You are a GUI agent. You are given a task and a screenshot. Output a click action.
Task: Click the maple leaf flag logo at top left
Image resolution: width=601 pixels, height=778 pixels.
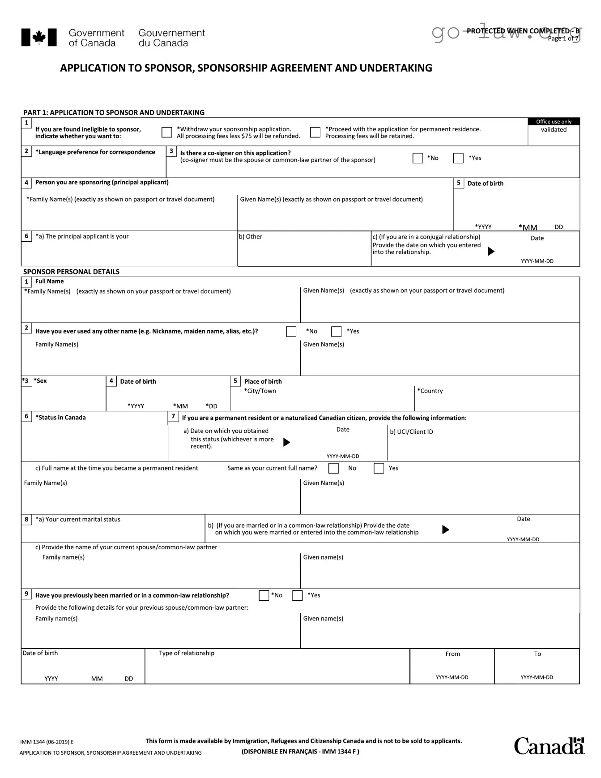[x=39, y=38]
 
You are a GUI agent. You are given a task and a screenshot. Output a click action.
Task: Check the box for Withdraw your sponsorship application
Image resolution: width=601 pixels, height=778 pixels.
[x=166, y=132]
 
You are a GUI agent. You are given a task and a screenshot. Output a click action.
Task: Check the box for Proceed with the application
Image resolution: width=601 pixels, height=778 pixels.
[x=315, y=132]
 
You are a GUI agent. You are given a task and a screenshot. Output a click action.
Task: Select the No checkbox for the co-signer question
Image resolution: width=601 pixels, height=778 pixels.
[x=418, y=158]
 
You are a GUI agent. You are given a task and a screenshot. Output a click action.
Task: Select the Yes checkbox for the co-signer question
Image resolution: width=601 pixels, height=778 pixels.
[x=458, y=158]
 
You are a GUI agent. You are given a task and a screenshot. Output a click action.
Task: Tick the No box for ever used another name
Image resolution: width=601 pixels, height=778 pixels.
[x=291, y=331]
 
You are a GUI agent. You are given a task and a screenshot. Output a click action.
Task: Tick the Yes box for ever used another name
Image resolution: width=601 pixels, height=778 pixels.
[x=336, y=331]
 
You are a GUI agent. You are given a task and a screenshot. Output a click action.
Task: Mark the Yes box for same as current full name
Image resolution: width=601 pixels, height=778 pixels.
[x=379, y=468]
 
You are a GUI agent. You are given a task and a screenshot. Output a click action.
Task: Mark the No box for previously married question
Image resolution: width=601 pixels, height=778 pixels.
[x=264, y=595]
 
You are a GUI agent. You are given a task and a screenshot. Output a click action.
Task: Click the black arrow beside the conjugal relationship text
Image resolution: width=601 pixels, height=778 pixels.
[x=491, y=251]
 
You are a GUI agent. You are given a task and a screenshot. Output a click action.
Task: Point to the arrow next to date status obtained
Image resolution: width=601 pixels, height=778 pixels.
[x=287, y=442]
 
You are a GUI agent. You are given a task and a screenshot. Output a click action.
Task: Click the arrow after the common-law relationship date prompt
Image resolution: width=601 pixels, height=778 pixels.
[x=445, y=530]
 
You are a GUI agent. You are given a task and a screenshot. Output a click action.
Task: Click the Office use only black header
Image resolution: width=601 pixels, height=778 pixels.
[x=554, y=121]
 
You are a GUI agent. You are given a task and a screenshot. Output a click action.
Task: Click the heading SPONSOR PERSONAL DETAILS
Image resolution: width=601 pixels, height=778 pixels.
[x=71, y=272]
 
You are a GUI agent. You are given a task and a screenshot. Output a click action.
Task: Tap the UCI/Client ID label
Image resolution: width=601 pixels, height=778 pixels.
[x=411, y=432]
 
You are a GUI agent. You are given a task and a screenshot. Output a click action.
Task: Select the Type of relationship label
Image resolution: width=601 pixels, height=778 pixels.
[x=187, y=653]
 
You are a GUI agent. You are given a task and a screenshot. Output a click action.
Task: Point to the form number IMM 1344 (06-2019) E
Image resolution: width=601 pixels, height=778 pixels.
[x=47, y=742]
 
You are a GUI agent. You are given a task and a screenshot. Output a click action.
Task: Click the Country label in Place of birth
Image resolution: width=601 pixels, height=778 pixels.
[x=430, y=391]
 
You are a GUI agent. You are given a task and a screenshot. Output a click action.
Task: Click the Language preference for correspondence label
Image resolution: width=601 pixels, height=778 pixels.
[x=95, y=152]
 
